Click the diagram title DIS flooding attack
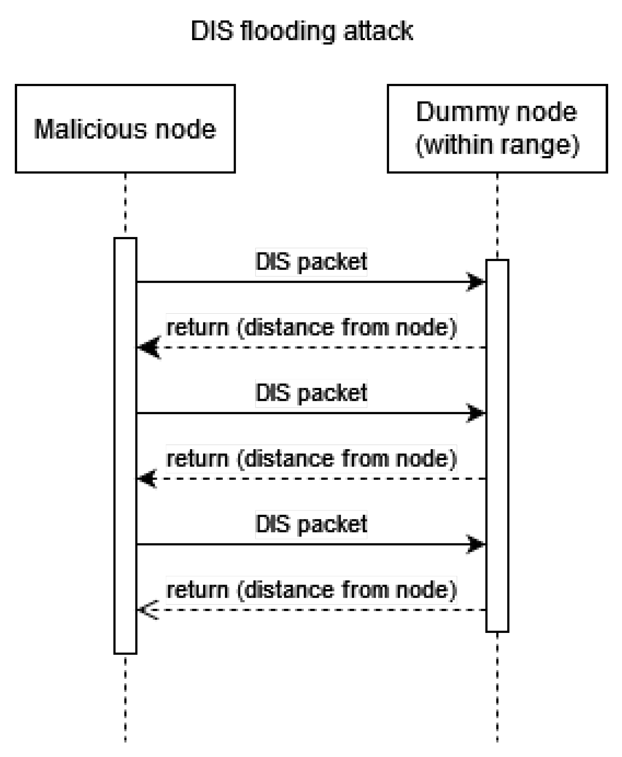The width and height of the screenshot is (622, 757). [302, 31]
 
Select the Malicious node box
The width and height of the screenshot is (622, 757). [125, 129]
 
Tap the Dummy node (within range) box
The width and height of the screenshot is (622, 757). [497, 129]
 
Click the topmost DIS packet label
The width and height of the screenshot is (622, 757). [311, 262]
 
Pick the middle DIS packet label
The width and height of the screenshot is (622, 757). [311, 393]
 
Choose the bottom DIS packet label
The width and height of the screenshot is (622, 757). [311, 524]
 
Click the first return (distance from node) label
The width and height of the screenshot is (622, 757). [311, 327]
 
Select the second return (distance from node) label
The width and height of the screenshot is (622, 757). [311, 458]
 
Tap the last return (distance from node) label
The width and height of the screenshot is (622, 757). [311, 590]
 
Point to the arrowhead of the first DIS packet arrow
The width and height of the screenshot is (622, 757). [476, 282]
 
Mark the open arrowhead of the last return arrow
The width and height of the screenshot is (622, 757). [148, 610]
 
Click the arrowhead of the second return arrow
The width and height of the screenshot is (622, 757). [148, 478]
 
